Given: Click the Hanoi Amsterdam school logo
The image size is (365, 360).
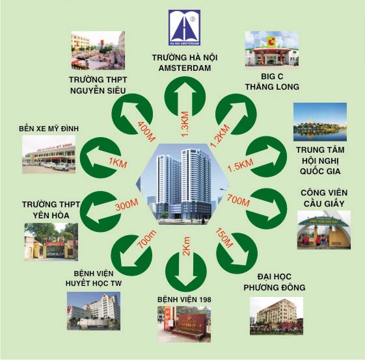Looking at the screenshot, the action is point(185,27).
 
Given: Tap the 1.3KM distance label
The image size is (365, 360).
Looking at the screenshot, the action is point(185,124).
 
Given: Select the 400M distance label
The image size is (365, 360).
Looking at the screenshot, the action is point(146,131).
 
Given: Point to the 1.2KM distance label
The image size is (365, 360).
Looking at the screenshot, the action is point(220,136).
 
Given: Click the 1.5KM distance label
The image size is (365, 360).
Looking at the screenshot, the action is point(241,165).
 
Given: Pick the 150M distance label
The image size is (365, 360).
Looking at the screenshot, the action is point(224,238).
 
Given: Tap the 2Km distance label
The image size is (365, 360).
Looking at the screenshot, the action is point(186,246).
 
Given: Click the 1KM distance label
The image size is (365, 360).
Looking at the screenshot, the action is point(118,163).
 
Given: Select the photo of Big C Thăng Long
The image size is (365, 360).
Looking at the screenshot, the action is point(272,49).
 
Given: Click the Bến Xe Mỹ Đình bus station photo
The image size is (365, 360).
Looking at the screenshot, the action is point(49,155).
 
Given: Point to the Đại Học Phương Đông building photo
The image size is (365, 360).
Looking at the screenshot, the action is point(277,316).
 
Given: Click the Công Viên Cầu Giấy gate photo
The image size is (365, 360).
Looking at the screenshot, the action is point(324,230).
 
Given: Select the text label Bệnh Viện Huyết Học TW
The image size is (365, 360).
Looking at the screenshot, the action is point(94,278).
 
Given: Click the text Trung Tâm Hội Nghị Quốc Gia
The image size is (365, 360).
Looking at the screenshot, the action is point(320,161).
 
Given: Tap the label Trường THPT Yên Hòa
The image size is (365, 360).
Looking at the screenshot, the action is point(51,210).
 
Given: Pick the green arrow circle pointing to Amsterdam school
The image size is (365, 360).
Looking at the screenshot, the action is point(185,97).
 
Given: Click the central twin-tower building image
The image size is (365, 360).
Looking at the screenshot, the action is point(183,184).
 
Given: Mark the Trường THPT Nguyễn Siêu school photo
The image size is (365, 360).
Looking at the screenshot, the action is point(98,51).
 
